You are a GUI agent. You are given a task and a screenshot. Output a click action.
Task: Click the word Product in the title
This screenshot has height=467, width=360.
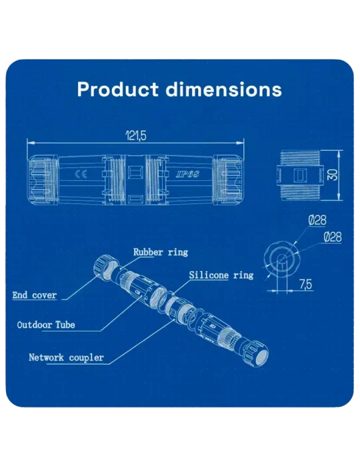tap(117, 89)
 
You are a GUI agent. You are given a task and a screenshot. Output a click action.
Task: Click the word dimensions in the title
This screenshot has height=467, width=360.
tap(223, 89)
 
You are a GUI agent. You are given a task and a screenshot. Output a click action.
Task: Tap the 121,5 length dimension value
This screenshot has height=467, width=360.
tap(136, 136)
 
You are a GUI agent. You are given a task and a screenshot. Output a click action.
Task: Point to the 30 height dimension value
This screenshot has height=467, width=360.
tap(333, 175)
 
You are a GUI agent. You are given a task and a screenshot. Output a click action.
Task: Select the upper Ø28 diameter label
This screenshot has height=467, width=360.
tap(317, 220)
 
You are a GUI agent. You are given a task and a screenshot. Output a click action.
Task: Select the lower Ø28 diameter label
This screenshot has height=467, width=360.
tap(333, 237)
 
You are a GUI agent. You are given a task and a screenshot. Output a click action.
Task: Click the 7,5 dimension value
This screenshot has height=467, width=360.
tap(305, 285)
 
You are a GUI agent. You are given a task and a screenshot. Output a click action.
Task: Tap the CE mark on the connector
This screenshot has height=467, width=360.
tap(81, 174)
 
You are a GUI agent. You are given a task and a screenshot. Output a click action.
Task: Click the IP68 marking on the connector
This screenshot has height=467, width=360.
tap(187, 175)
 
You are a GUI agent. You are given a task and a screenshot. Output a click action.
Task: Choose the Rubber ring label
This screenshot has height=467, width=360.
tap(161, 252)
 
